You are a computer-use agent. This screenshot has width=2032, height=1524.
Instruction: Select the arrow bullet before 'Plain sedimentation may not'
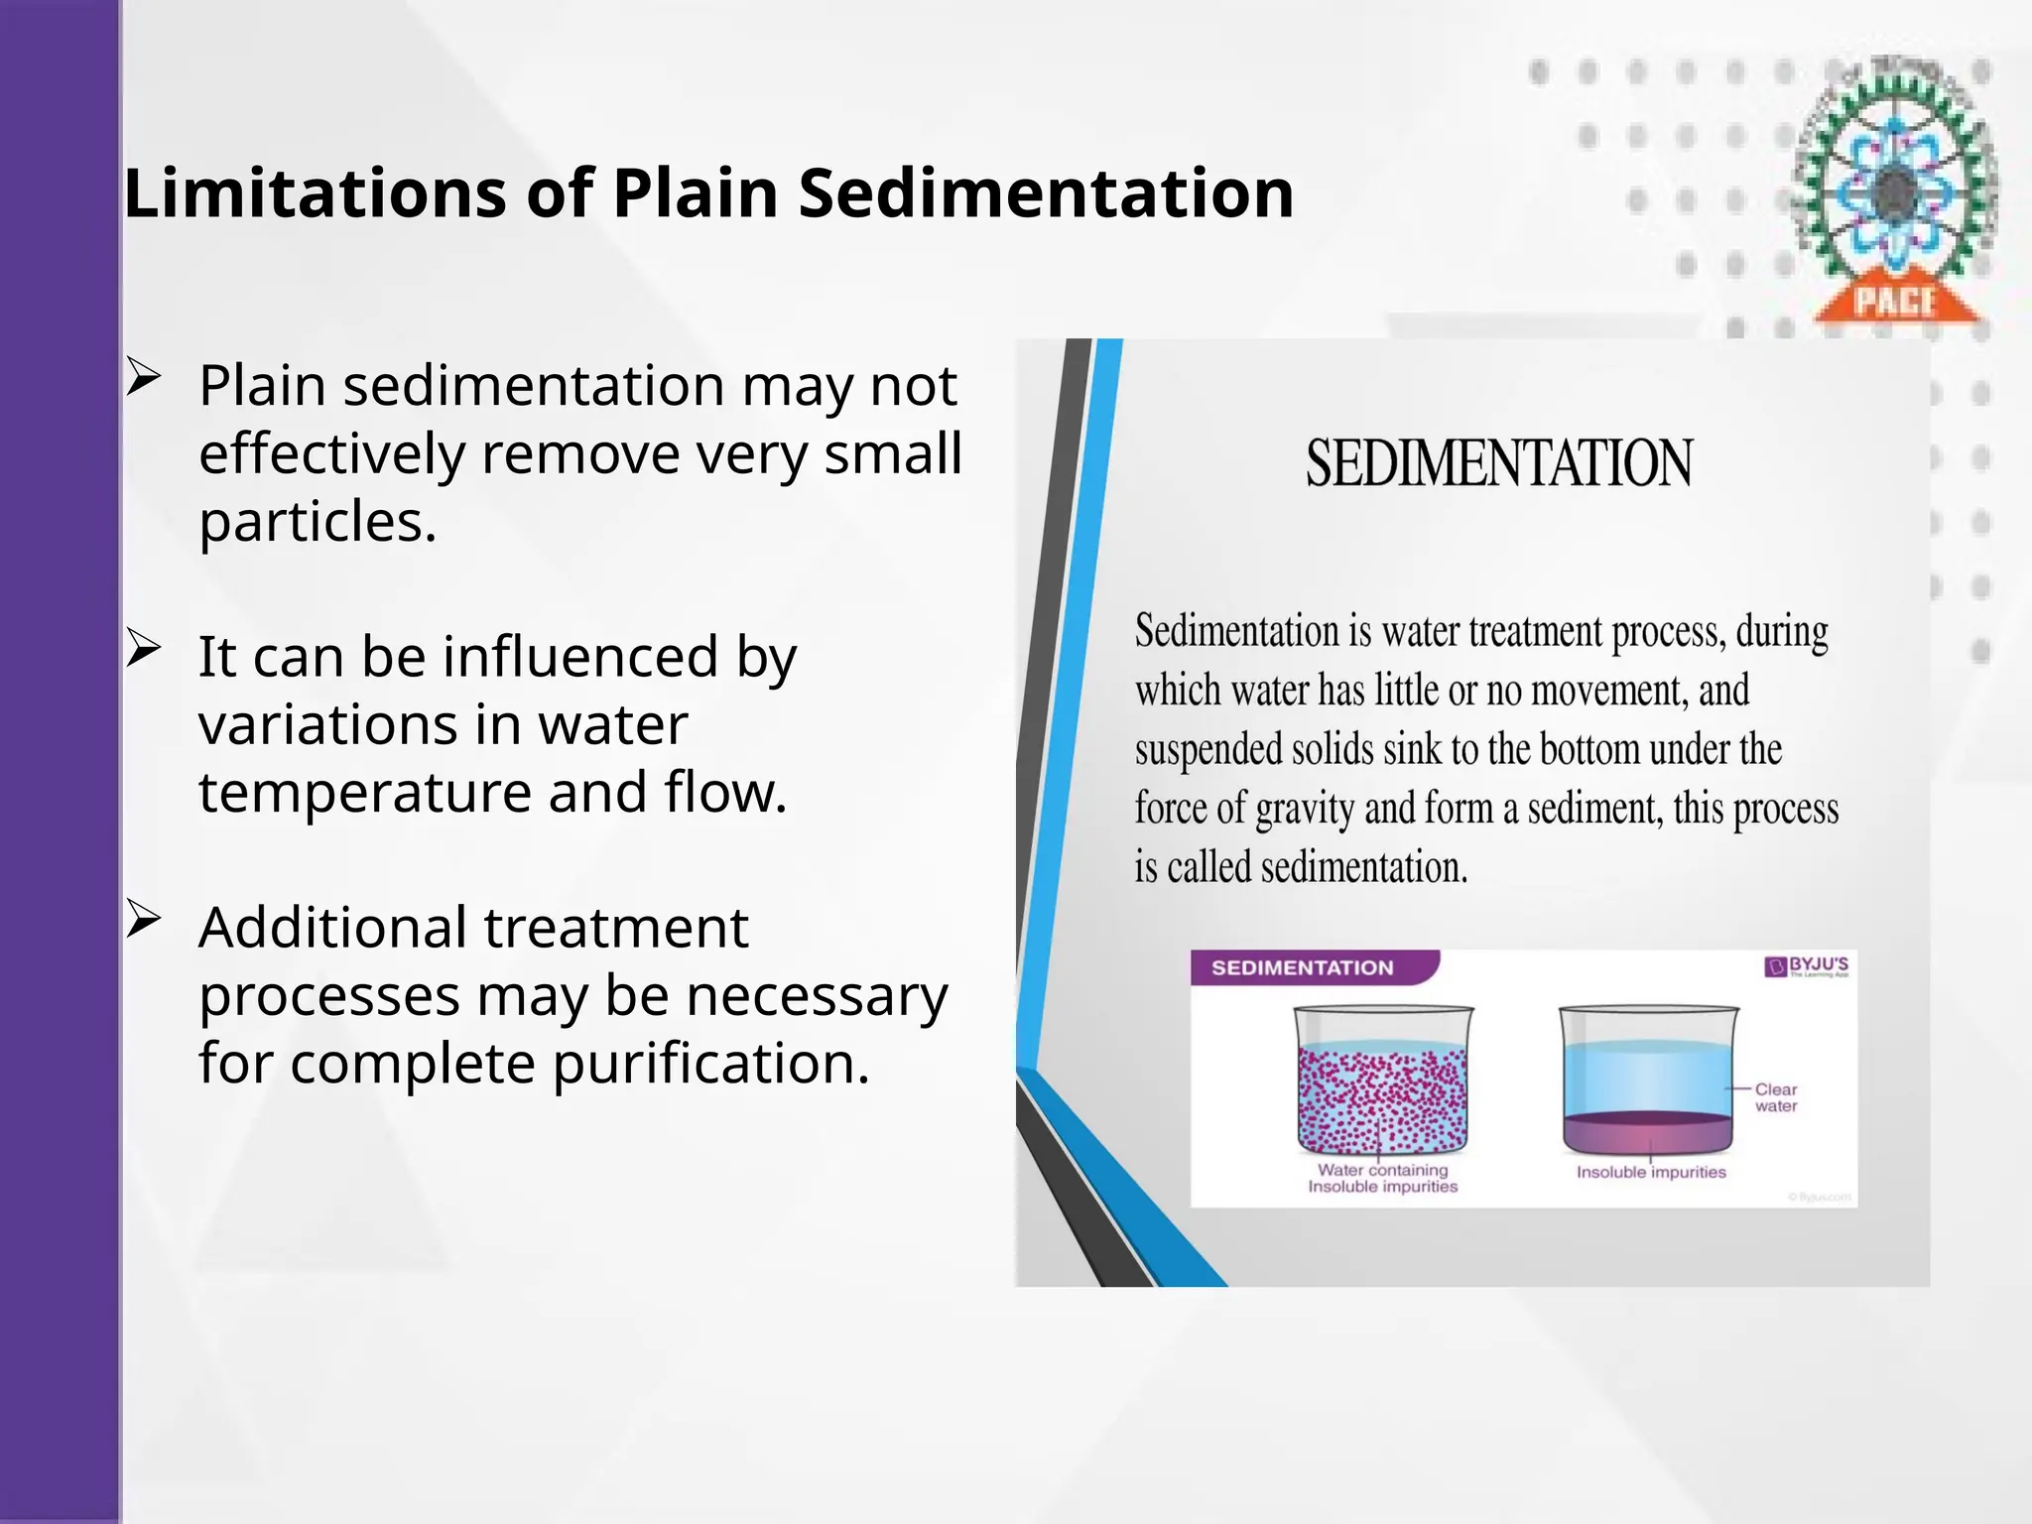(x=144, y=379)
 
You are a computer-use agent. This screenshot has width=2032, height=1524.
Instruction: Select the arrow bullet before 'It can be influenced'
(x=144, y=650)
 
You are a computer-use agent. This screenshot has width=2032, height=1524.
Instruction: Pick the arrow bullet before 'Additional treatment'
(x=144, y=921)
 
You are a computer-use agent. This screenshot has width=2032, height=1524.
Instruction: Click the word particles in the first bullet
(x=317, y=522)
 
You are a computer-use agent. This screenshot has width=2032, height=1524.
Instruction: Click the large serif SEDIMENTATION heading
(x=1498, y=463)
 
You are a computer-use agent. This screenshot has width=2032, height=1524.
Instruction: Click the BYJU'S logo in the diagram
(x=1808, y=966)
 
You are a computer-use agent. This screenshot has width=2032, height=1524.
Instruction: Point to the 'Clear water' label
(x=1775, y=1097)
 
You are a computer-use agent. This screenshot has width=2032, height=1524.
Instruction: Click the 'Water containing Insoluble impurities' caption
(x=1382, y=1178)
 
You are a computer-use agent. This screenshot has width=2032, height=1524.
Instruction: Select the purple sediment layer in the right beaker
(x=1648, y=1131)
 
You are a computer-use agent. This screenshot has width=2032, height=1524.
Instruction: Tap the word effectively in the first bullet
(x=331, y=454)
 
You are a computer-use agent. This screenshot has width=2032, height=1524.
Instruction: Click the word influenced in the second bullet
(x=579, y=657)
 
